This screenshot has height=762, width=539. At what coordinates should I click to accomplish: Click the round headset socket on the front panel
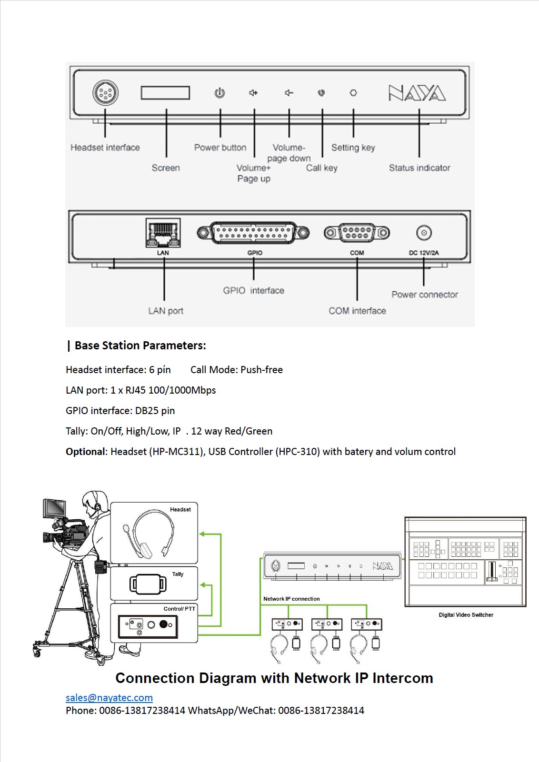105,93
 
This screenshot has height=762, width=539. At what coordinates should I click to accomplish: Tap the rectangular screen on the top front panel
165,93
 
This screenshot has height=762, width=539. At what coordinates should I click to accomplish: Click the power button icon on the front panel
220,93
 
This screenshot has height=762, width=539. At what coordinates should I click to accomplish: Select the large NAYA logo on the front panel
417,93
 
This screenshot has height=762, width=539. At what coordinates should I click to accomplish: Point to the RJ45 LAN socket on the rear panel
163,233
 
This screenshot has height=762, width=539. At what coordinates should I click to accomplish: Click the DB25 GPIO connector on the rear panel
253,233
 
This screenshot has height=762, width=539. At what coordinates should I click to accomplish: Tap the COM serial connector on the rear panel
357,233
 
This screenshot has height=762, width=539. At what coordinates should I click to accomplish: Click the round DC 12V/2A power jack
424,233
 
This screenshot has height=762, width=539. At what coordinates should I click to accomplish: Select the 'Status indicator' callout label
419,168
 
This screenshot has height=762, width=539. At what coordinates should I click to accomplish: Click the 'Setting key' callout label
353,148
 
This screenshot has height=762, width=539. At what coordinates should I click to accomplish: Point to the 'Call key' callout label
321,168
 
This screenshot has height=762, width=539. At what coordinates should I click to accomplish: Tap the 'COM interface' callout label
357,311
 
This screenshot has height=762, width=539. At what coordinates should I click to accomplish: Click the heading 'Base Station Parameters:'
140,346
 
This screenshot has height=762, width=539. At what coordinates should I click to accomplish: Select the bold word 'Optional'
85,452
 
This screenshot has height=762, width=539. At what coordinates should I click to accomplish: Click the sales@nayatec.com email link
109,698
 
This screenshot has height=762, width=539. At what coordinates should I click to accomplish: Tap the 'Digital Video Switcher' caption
466,615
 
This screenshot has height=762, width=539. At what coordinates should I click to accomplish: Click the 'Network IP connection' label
291,599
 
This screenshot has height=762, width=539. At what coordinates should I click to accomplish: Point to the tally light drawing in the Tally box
148,584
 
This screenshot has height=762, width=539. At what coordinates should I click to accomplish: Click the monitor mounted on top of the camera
55,508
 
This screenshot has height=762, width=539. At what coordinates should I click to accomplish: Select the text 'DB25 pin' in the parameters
155,411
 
